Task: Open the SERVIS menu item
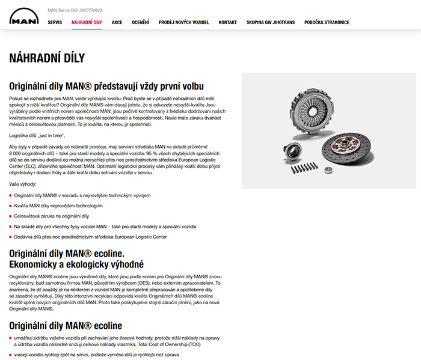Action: tap(55, 22)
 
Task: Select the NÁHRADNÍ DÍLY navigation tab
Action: tap(87, 22)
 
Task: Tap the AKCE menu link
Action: tap(117, 22)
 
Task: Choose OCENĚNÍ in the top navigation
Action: tap(140, 22)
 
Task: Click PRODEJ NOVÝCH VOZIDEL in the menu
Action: tap(184, 22)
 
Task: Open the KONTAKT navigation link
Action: tap(227, 22)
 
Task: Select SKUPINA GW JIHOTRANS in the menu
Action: tap(271, 22)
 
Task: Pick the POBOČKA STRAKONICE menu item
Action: tap(327, 22)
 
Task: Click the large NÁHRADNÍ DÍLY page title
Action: tap(47, 58)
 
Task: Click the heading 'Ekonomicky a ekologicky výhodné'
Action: tap(76, 264)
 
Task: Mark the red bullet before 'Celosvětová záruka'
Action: tap(10, 216)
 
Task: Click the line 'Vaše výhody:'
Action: tap(23, 183)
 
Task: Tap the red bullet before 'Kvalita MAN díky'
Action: tap(10, 206)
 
